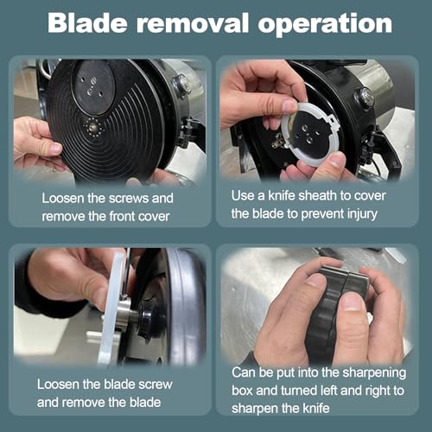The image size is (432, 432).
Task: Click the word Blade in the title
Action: (x=87, y=23)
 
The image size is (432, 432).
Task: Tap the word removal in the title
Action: (x=193, y=23)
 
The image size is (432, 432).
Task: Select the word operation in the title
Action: (x=325, y=24)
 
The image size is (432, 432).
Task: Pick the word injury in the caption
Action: (x=362, y=214)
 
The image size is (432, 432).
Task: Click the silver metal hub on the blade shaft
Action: (x=124, y=314)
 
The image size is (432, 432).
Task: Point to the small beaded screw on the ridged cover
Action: (x=93, y=126)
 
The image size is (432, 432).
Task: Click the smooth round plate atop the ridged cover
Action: (x=92, y=86)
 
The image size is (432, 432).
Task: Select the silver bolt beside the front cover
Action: (x=182, y=83)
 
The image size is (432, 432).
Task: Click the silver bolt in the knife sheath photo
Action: (x=365, y=97)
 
